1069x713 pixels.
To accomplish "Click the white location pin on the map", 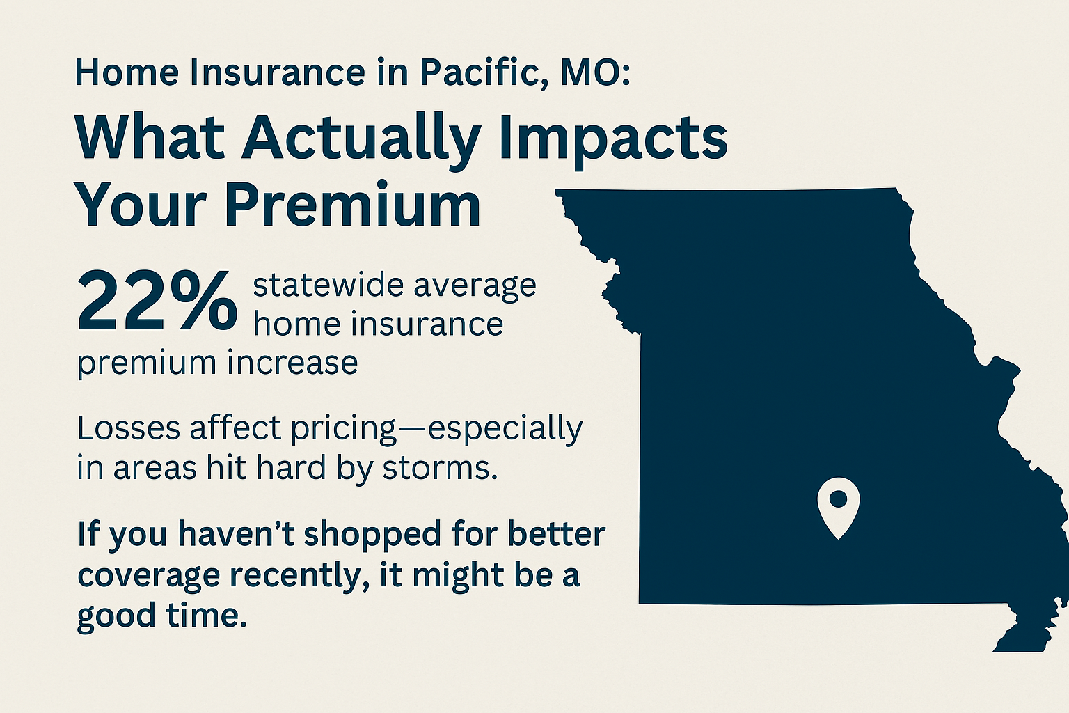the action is click(x=838, y=506).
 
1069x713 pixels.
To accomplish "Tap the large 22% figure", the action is click(x=157, y=301).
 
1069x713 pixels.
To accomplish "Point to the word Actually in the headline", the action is click(x=361, y=139).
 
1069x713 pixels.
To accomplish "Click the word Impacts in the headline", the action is click(x=614, y=139).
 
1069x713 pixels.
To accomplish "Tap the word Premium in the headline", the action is click(x=352, y=206).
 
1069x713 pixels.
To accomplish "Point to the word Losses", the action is click(x=128, y=428).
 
